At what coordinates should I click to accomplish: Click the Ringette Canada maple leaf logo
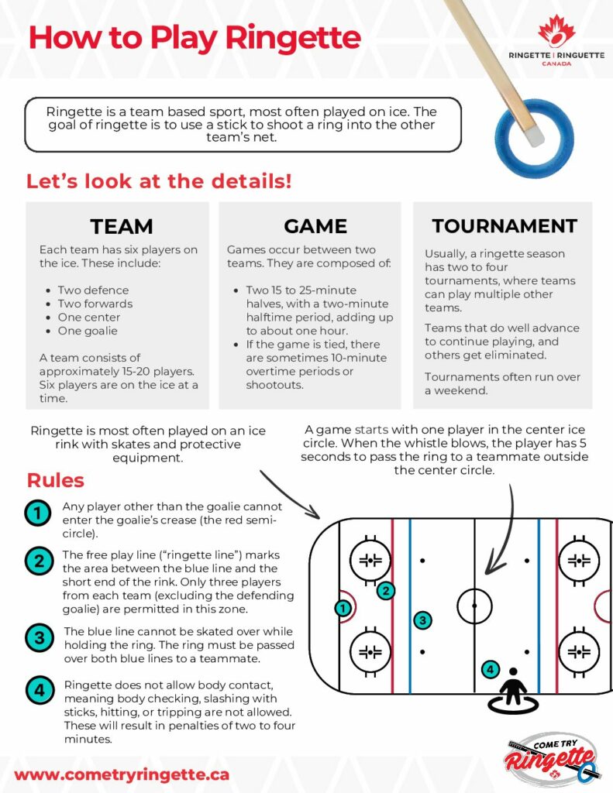(x=556, y=31)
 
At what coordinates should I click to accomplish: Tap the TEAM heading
(x=122, y=226)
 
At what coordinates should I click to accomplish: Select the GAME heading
(x=315, y=226)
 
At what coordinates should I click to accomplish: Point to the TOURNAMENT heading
(x=505, y=225)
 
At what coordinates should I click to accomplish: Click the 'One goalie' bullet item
(x=88, y=331)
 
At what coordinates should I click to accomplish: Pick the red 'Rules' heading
(x=55, y=480)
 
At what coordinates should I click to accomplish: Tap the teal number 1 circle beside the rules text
(x=38, y=513)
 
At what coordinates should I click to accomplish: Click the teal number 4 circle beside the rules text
(x=40, y=690)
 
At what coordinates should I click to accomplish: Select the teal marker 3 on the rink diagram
(x=422, y=620)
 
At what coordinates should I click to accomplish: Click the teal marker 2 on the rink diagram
(x=386, y=591)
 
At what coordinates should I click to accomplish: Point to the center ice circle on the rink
(x=474, y=589)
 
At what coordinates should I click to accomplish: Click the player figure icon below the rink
(x=513, y=691)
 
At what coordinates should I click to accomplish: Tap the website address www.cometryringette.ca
(x=122, y=774)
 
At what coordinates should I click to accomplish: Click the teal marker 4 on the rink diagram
(x=490, y=670)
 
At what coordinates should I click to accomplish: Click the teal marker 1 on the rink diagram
(x=343, y=608)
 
